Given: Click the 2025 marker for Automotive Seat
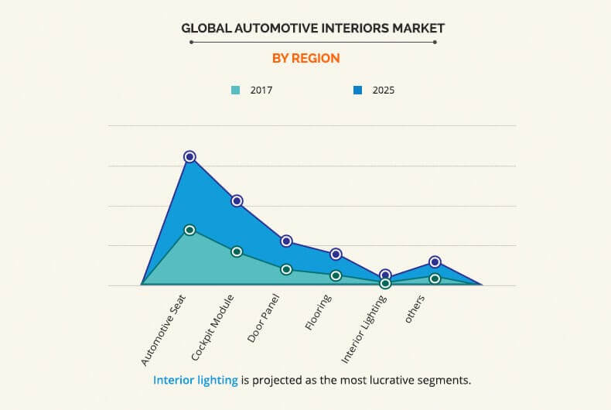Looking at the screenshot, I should (x=189, y=157).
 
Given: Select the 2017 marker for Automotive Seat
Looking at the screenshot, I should (x=189, y=230).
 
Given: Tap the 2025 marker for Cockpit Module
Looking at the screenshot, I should (x=237, y=201).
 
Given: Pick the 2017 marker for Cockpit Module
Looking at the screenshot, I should (x=237, y=251).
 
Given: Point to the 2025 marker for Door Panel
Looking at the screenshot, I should (x=286, y=241).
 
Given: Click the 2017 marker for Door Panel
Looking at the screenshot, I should (x=286, y=269).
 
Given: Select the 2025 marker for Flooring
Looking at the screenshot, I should (x=336, y=255).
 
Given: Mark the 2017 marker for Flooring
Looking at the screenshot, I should (x=336, y=275).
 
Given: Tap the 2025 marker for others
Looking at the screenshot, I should (x=435, y=262).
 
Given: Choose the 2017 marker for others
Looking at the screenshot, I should (x=435, y=278).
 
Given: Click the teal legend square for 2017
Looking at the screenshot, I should (x=236, y=91).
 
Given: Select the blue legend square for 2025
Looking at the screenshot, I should (x=358, y=91).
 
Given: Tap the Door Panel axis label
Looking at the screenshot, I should (x=265, y=319).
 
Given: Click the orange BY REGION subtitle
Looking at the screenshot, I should (x=305, y=58).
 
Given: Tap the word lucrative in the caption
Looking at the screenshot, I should (x=394, y=381).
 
